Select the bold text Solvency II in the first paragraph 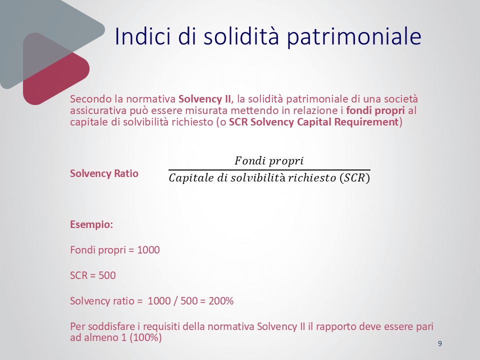coord(205,99)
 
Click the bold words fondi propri coord(375,110)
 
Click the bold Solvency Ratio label coord(104,173)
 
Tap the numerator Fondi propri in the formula coord(269,160)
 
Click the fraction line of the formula coord(269,169)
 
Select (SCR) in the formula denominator coord(355,178)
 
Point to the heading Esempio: coord(91,224)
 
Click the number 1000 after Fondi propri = coord(148,250)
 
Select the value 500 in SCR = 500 coord(107,275)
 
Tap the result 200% coord(221,301)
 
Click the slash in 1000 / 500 coord(175,301)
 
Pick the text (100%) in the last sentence coord(145,337)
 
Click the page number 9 coord(440,343)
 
